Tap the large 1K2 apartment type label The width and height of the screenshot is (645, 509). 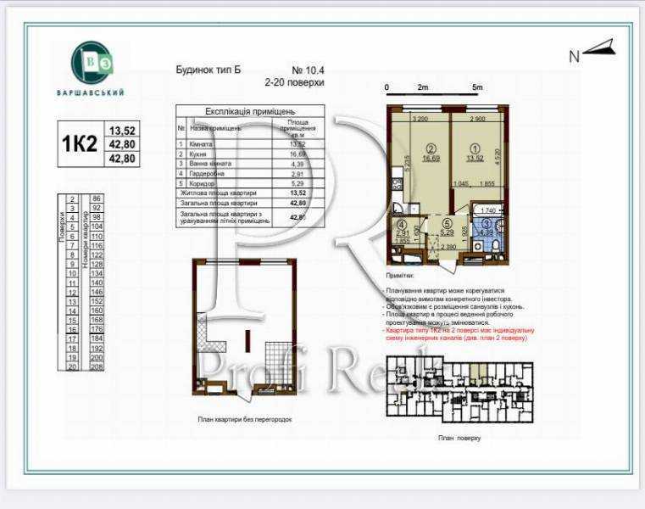[x=78, y=144]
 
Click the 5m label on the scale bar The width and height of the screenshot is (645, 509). [x=476, y=87]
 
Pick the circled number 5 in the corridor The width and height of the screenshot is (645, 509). [x=447, y=227]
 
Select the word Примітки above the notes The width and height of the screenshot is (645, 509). [x=399, y=276]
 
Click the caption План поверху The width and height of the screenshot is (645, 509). [x=459, y=439]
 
